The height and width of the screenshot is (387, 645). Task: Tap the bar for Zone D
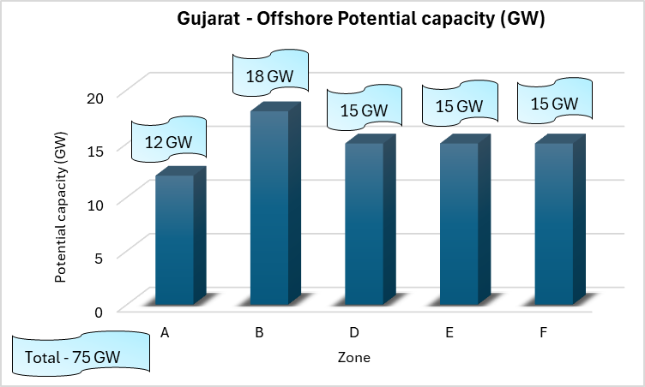(364, 223)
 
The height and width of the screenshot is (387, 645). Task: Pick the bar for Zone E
(459, 223)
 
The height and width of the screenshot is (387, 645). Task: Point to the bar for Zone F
(554, 223)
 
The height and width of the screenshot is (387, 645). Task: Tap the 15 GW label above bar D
(364, 110)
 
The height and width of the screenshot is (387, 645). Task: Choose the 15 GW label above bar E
(459, 106)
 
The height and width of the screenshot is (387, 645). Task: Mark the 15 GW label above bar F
(554, 103)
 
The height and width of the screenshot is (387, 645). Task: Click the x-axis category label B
(258, 333)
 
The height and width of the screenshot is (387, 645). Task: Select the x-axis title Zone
(353, 357)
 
